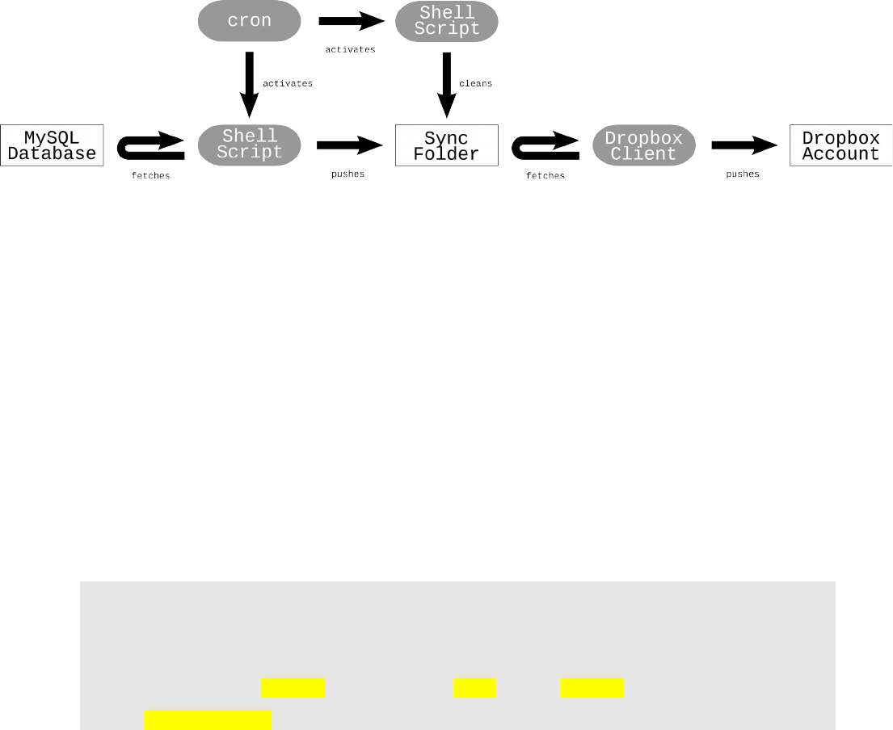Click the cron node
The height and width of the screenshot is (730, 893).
click(249, 21)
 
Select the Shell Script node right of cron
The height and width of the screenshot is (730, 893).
click(446, 21)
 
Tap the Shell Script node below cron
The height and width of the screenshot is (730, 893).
click(249, 145)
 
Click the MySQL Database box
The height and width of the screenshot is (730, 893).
click(52, 145)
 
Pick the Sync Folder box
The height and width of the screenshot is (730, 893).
click(446, 145)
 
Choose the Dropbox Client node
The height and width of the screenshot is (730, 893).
click(643, 145)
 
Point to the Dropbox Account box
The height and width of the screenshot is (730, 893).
click(840, 145)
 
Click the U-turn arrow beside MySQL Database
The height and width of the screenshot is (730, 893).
click(150, 145)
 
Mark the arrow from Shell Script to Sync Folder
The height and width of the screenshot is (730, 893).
click(348, 145)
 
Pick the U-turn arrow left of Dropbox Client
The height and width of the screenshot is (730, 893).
click(545, 145)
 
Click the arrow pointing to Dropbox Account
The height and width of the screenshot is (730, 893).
click(743, 145)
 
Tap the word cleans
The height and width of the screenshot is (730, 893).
click(475, 83)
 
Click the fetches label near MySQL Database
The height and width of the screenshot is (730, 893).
click(150, 175)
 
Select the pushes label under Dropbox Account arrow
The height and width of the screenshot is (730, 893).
click(743, 174)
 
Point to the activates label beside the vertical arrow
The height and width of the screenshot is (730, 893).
click(288, 83)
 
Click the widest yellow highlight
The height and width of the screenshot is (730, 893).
click(207, 720)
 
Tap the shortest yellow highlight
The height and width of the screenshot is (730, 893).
click(474, 688)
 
